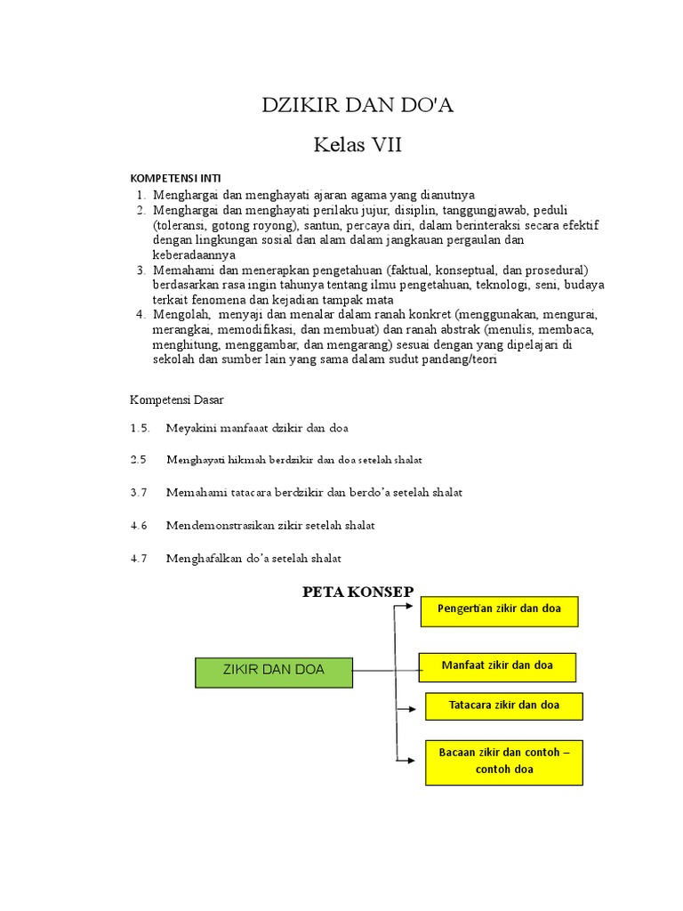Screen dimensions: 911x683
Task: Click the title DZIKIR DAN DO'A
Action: pyautogui.click(x=358, y=106)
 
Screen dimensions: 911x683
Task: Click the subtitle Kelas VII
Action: pyautogui.click(x=358, y=145)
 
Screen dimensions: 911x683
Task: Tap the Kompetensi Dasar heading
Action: pyautogui.click(x=177, y=399)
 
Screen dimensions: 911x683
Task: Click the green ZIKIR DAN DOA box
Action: pyautogui.click(x=274, y=669)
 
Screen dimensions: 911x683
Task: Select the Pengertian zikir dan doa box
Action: pyautogui.click(x=498, y=611)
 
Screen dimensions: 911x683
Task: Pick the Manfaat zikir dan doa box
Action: pyautogui.click(x=497, y=666)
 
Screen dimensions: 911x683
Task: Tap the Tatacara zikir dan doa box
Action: pyautogui.click(x=503, y=706)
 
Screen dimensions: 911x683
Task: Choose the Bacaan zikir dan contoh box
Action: pyautogui.click(x=503, y=762)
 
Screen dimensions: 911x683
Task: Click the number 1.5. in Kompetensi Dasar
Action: pyautogui.click(x=140, y=428)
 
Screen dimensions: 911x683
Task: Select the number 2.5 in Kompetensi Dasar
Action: pyautogui.click(x=138, y=460)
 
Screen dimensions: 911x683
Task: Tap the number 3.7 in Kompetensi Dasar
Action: pyautogui.click(x=138, y=492)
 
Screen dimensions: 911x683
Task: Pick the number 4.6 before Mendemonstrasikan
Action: pyautogui.click(x=138, y=525)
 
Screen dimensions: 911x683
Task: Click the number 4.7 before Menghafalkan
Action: pyautogui.click(x=138, y=558)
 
